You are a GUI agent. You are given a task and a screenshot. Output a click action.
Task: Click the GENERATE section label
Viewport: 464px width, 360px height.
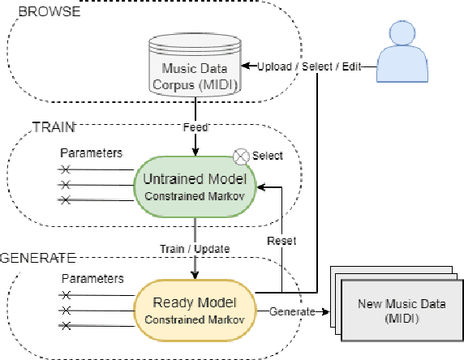[37, 258]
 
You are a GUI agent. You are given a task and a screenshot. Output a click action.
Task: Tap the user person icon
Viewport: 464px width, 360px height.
[408, 49]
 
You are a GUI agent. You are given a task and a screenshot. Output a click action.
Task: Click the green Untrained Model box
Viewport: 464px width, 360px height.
[194, 186]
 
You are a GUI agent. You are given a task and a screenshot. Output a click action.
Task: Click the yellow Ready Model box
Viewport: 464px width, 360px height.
[194, 311]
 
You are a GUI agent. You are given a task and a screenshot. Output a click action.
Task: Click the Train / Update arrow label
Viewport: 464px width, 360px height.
[195, 247]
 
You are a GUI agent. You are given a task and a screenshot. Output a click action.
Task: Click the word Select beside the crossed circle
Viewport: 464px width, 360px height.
[267, 155]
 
